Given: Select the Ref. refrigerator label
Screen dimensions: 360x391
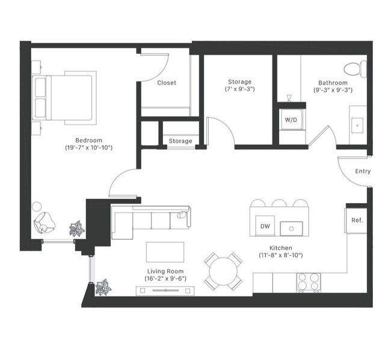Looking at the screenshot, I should point(357,221).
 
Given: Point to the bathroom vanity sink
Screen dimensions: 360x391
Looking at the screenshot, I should point(358,125).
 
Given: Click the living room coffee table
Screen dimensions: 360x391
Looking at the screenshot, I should point(166,251).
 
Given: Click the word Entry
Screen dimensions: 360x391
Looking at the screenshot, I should point(363,171).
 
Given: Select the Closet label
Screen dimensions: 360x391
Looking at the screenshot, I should point(167,83).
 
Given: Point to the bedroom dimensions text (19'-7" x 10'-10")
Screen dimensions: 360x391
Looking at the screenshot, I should point(89,147).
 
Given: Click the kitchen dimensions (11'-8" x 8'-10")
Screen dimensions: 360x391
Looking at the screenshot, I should point(281,255).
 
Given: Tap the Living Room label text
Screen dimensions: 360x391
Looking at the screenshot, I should point(164,271).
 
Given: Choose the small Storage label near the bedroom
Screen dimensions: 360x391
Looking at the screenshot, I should point(180,141).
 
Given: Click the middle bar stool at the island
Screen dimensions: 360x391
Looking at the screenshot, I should point(280,203).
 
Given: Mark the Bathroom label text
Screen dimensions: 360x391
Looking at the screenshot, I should point(333,82).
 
